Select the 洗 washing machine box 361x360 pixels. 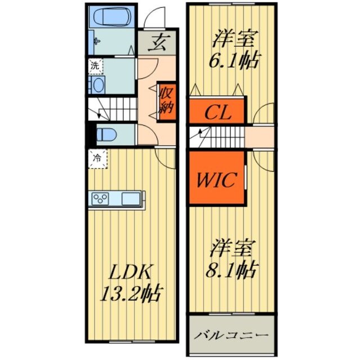[95, 65]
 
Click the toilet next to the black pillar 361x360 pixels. [105, 135]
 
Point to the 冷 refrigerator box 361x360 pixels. [97, 159]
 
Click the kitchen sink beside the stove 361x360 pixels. [130, 199]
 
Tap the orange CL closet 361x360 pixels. [217, 111]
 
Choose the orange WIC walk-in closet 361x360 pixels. [217, 179]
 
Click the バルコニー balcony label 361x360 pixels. [231, 335]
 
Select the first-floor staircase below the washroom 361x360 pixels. [115, 109]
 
